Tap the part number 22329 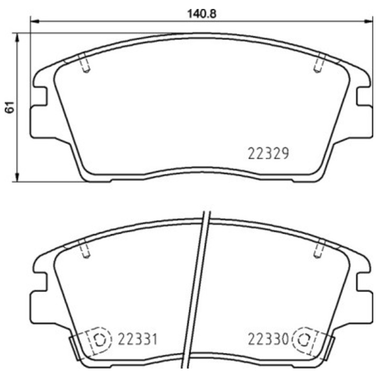click(267, 154)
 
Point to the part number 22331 click(137, 339)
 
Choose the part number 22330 click(267, 339)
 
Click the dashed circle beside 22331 click(99, 340)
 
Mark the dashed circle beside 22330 click(304, 340)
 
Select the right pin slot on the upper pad click(319, 64)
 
